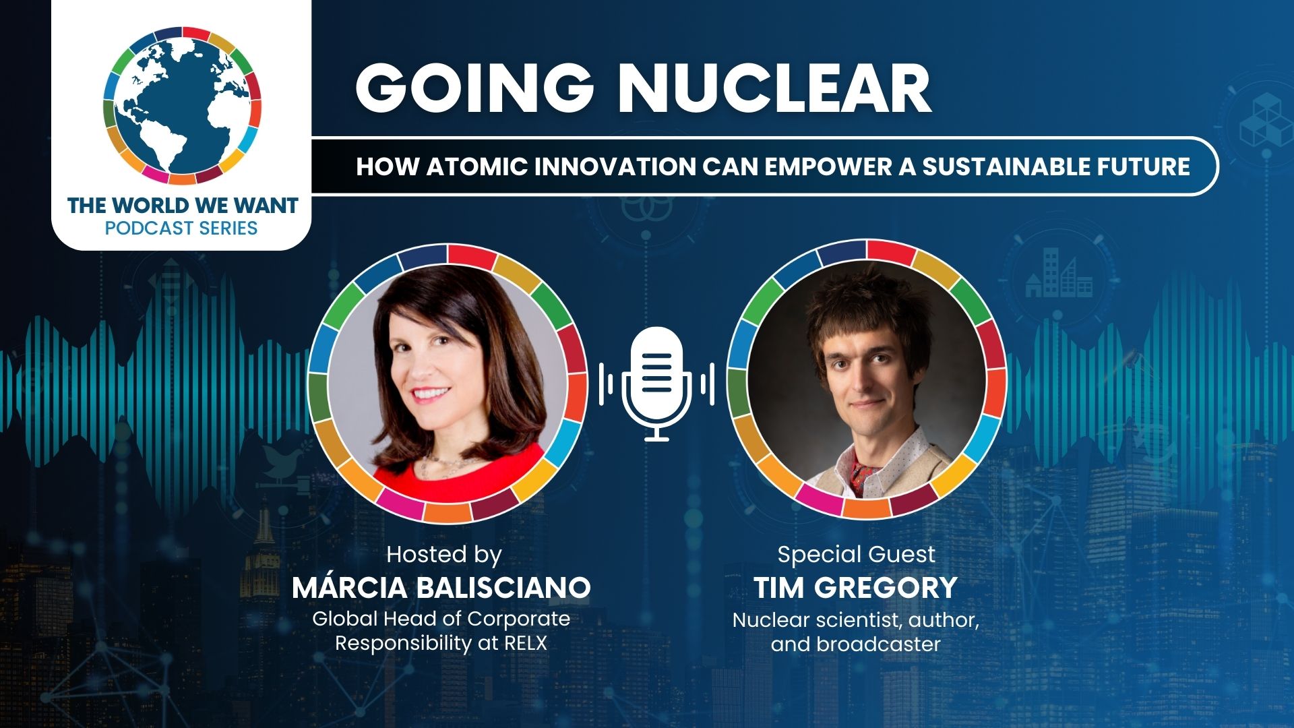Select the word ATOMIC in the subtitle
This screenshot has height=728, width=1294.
click(x=476, y=166)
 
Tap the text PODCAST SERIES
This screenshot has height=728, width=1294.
click(x=181, y=228)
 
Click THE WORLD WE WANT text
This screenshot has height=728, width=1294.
click(x=183, y=205)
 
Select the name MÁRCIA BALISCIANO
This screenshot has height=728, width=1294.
click(x=441, y=588)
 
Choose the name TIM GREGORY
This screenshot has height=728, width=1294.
click(x=855, y=588)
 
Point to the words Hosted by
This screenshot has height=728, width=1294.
click(x=443, y=554)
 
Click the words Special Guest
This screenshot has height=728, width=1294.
click(x=856, y=554)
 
